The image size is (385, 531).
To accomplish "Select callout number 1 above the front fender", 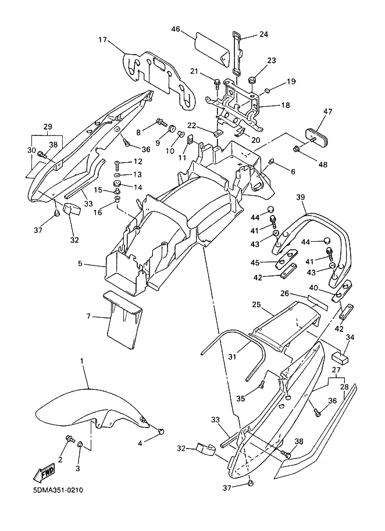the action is tap(82, 361).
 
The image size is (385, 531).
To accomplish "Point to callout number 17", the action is tap(103, 40).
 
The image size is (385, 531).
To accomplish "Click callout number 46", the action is tap(176, 29).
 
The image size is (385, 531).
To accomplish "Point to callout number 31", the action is tap(232, 356).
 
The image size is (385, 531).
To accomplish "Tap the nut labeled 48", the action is tap(297, 148).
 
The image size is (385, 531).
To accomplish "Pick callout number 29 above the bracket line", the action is tap(48, 127).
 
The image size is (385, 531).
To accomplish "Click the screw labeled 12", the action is tap(117, 163).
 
